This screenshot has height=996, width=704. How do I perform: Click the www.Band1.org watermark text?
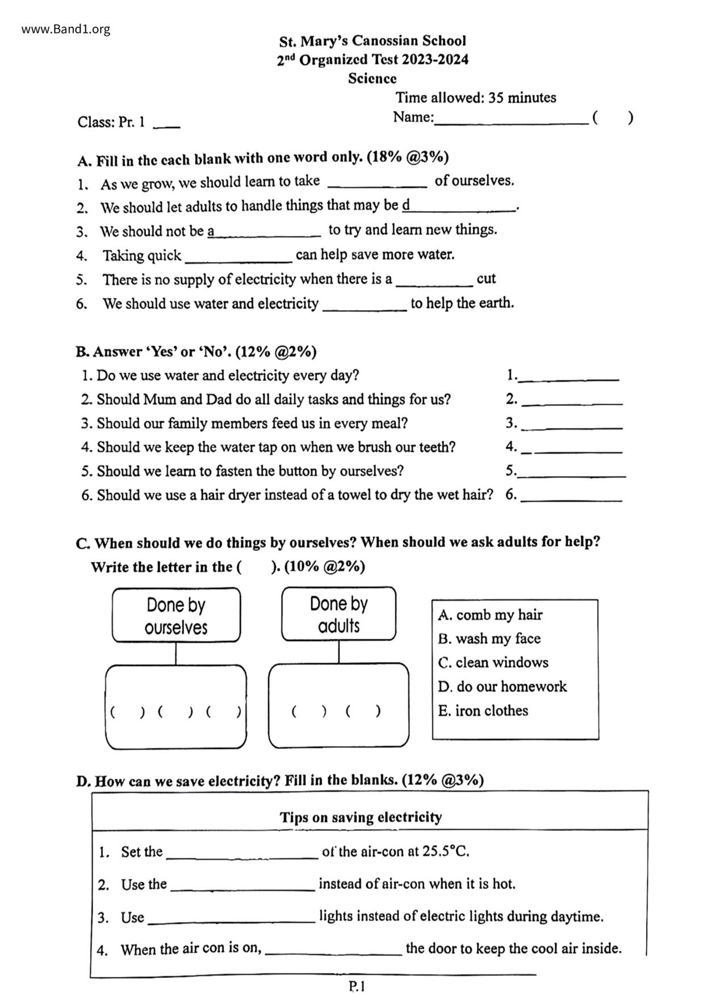[66, 30]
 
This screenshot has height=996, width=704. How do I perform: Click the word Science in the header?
[372, 78]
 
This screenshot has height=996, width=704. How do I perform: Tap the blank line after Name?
[510, 119]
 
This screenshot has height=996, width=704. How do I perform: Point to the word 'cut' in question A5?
[486, 279]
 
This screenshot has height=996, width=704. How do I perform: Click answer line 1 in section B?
[569, 376]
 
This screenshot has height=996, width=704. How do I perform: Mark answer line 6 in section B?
[571, 496]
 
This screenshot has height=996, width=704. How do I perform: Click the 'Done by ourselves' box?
[176, 616]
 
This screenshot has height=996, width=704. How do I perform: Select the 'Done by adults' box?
[339, 614]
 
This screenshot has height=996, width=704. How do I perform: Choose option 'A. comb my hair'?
[490, 615]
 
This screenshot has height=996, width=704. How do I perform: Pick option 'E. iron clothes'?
[483, 711]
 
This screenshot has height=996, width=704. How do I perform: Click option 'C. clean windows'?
[493, 663]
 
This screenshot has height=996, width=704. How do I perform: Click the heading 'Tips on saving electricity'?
[361, 817]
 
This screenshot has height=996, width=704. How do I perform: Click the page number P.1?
[357, 986]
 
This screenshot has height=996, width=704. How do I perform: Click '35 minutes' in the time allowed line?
[522, 98]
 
